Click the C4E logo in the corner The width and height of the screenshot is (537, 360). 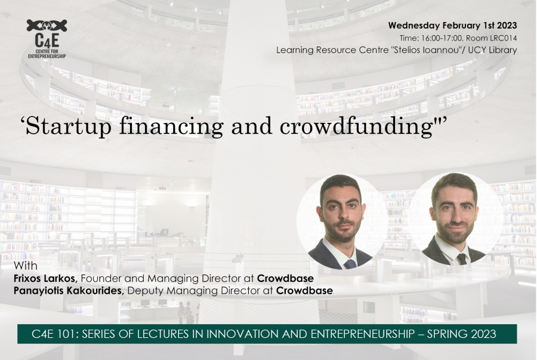click(47, 39)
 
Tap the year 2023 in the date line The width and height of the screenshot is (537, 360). click(507, 26)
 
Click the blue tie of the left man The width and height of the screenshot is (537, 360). click(350, 264)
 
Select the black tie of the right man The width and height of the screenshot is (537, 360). click(461, 259)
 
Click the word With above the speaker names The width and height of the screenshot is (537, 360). click(26, 266)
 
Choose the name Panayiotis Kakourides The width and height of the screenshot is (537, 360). click(69, 291)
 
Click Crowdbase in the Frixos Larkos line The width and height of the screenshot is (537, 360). click(285, 278)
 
